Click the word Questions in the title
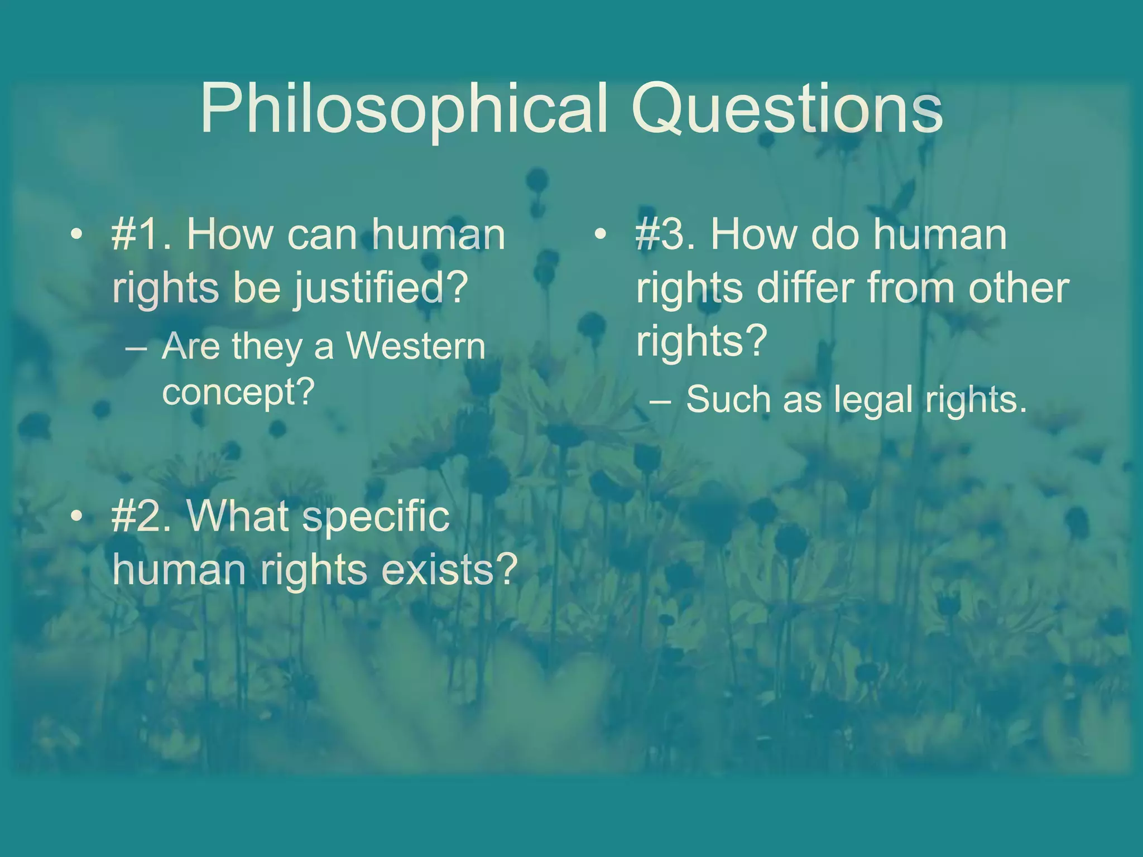point(787,109)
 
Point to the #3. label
point(667,234)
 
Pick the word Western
point(416,346)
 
